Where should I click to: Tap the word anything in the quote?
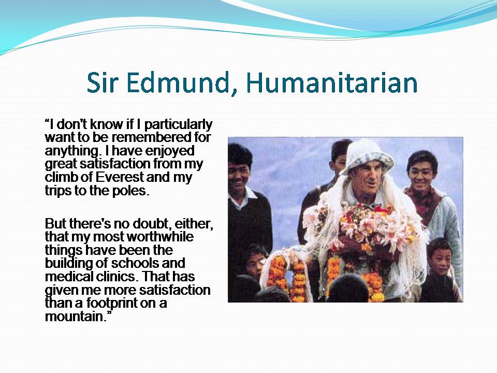(68, 151)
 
